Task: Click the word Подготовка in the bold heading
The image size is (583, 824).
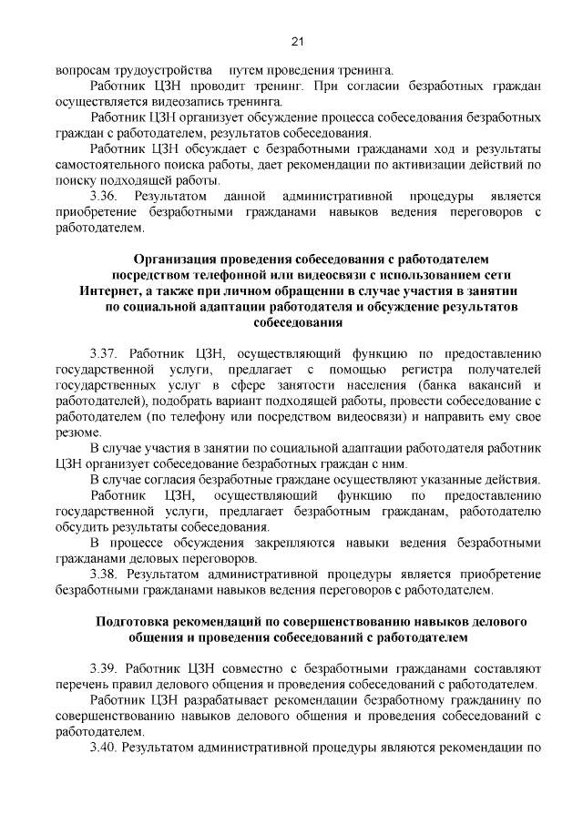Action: [135, 622]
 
